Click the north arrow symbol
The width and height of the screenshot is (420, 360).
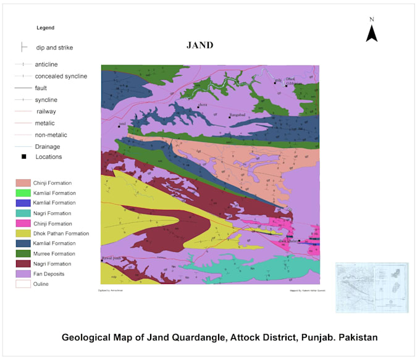pos(371,30)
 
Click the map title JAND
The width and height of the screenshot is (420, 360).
pos(199,45)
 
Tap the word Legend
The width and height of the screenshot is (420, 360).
pos(46,28)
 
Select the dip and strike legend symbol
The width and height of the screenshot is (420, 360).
pos(23,47)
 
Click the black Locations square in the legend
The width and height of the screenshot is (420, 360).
pos(23,157)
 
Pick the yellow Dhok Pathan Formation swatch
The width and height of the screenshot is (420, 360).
pos(23,233)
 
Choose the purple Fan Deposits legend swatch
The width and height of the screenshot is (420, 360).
pos(23,274)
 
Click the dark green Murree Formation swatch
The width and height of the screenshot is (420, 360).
pos(23,254)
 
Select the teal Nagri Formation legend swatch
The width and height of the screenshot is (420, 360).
pos(23,213)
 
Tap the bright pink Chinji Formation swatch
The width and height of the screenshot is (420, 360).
pos(23,224)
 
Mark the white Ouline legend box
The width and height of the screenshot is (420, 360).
pos(23,284)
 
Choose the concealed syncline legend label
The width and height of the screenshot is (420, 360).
pos(61,76)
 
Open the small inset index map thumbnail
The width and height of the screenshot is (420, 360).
pos(372,288)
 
